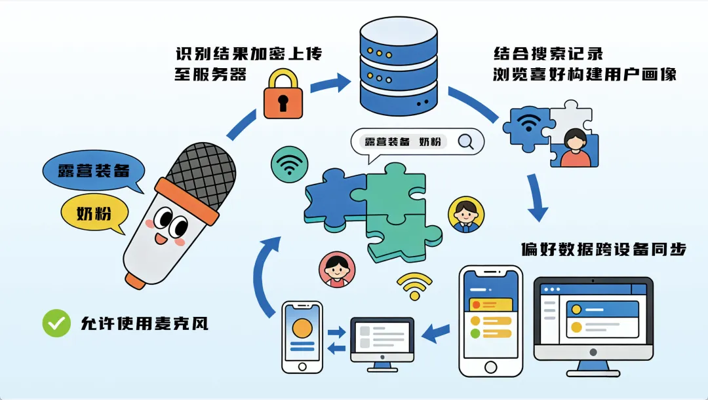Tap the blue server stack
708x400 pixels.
tap(399, 65)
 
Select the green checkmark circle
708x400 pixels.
tap(56, 323)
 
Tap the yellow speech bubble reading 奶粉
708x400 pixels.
tap(93, 213)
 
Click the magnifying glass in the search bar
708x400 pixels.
tap(466, 141)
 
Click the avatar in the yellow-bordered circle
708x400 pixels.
tap(466, 213)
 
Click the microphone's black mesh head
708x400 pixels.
tap(201, 173)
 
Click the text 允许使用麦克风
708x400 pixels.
tap(144, 323)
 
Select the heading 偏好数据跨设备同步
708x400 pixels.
tap(603, 249)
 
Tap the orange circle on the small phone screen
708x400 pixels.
tap(302, 327)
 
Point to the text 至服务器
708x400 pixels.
tap(210, 74)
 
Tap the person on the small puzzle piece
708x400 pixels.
tap(575, 147)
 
